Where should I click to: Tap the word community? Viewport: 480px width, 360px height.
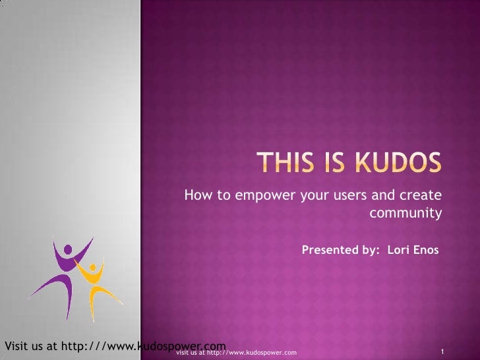[405, 213]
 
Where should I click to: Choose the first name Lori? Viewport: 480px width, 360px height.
[398, 251]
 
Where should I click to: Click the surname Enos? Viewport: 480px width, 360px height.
[425, 251]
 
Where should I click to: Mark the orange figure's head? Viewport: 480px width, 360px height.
[92, 269]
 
